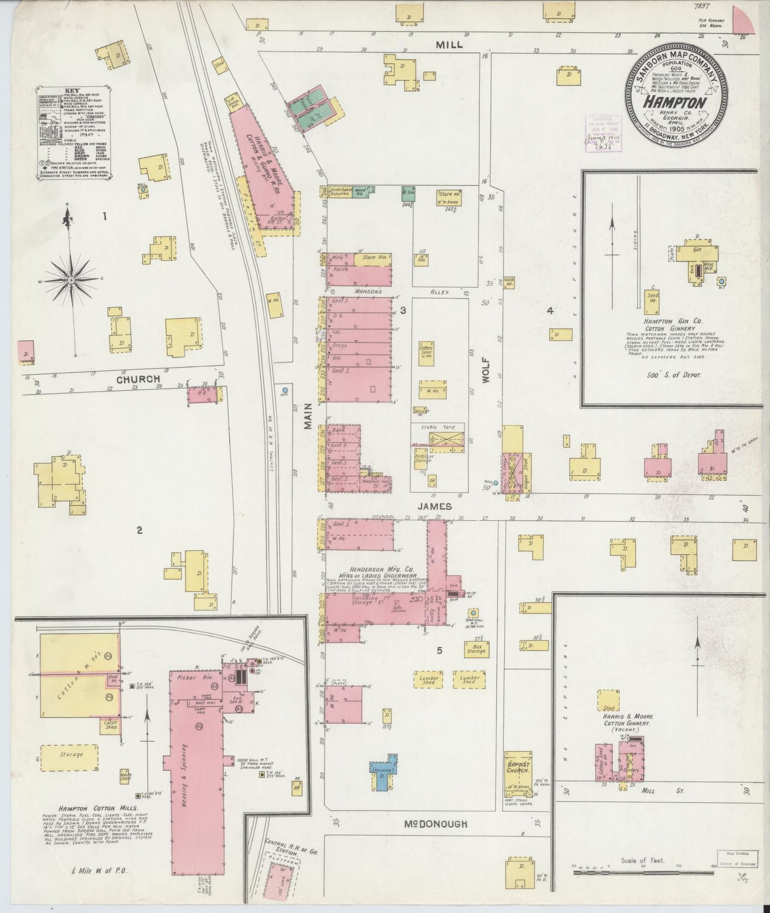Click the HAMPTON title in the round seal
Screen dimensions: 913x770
pos(675,102)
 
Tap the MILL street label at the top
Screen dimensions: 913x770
pos(449,45)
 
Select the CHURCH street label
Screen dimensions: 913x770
pos(139,379)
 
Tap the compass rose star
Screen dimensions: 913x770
pos(71,280)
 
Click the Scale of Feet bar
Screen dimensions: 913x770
pos(643,873)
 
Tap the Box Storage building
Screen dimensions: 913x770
pos(475,649)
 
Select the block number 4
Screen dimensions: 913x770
pos(550,311)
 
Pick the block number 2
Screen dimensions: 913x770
pos(139,529)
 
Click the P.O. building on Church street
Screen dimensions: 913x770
pos(202,395)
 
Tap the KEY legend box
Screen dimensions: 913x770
pos(74,127)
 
